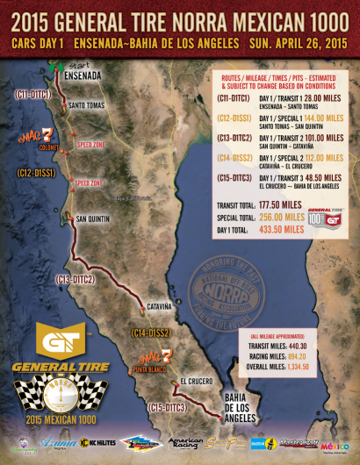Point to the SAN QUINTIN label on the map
pos(94,218)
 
